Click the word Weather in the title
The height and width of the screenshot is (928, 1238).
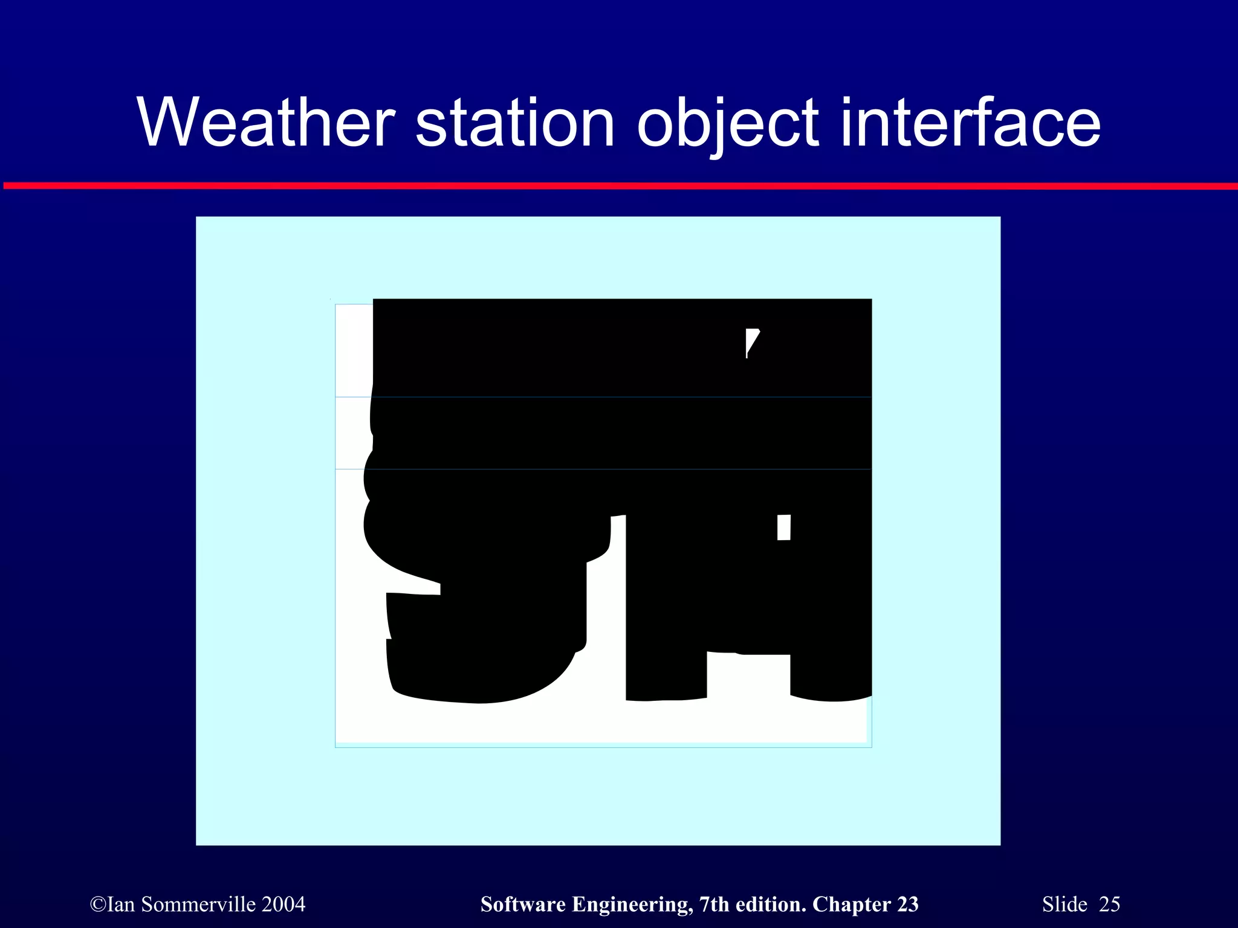click(266, 123)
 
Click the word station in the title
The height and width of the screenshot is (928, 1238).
click(514, 123)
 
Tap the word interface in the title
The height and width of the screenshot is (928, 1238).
click(970, 123)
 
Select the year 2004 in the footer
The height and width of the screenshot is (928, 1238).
click(284, 904)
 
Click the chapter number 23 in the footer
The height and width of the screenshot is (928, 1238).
click(907, 904)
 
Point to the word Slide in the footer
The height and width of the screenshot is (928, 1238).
click(1065, 904)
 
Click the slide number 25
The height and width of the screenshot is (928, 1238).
click(1109, 904)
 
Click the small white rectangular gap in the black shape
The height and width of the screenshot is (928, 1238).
click(783, 527)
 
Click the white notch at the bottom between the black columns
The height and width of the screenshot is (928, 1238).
click(748, 677)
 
